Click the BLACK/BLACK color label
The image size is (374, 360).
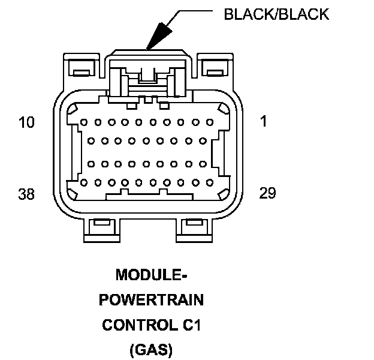click(x=276, y=14)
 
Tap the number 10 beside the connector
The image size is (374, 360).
click(x=27, y=122)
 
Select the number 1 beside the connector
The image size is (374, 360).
click(x=264, y=121)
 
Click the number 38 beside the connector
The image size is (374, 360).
click(x=27, y=194)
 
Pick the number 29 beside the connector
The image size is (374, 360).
click(x=267, y=193)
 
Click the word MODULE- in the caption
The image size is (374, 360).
click(x=151, y=275)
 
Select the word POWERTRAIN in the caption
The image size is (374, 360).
click(x=151, y=300)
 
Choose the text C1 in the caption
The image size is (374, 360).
click(x=189, y=325)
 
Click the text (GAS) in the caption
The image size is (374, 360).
click(x=151, y=349)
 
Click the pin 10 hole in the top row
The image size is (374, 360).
click(x=84, y=122)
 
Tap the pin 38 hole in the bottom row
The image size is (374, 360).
click(x=84, y=182)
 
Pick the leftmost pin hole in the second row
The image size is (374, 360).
click(x=91, y=142)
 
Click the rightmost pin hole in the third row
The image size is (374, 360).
click(x=201, y=163)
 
